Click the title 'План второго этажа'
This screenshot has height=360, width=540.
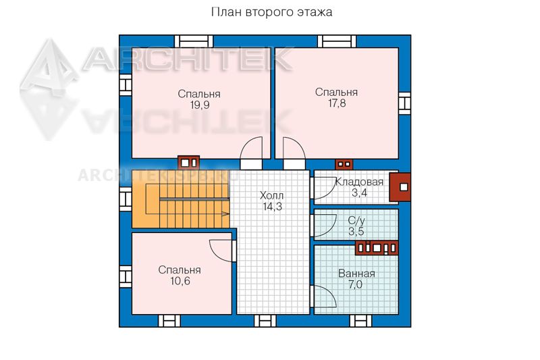[271, 12]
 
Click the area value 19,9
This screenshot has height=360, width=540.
[200, 105]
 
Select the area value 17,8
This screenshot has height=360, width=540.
[337, 103]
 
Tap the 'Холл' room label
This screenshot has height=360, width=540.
[272, 196]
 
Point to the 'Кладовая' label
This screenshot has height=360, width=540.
[359, 182]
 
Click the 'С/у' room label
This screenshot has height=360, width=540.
[356, 220]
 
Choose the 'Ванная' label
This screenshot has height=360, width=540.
[356, 274]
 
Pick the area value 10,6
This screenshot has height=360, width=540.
[180, 281]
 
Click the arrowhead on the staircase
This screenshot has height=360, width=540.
[225, 214]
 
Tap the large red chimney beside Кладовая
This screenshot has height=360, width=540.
[400, 187]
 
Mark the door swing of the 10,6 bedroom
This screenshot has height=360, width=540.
[221, 251]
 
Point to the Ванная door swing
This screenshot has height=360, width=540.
[325, 296]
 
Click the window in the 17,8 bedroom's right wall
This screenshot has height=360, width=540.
[404, 103]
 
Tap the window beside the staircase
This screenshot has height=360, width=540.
[126, 199]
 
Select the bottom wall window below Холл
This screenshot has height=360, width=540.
[265, 321]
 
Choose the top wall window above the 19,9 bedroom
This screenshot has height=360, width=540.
[194, 41]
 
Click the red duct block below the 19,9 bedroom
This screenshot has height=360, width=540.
[189, 162]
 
